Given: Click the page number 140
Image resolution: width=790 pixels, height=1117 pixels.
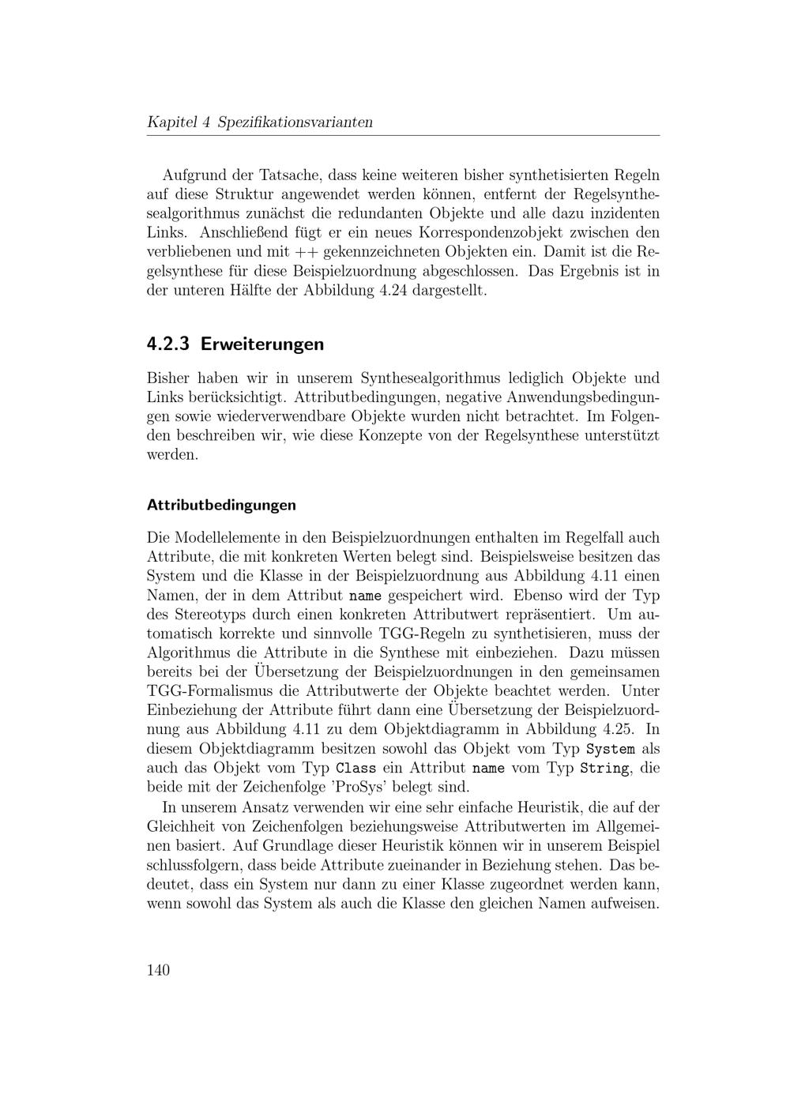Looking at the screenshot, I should [x=158, y=970].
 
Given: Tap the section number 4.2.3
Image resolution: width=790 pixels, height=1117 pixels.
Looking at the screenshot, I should [x=169, y=344].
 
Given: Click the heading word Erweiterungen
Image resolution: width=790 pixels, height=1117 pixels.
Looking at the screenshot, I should [x=262, y=344].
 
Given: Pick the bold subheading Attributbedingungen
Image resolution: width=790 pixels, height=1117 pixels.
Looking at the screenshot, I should [x=221, y=505].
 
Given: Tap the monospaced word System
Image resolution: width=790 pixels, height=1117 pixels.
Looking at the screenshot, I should [x=614, y=749].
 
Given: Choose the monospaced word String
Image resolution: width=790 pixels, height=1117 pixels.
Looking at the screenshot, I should [x=605, y=768].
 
